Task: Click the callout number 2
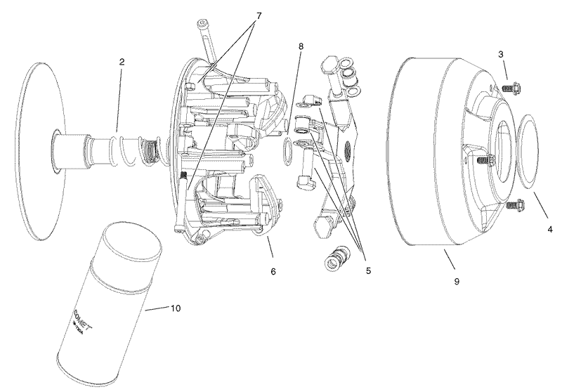point(122,63)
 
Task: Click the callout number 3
point(500,54)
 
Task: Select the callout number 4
point(550,228)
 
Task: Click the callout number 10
point(176,308)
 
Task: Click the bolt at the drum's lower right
point(511,206)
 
